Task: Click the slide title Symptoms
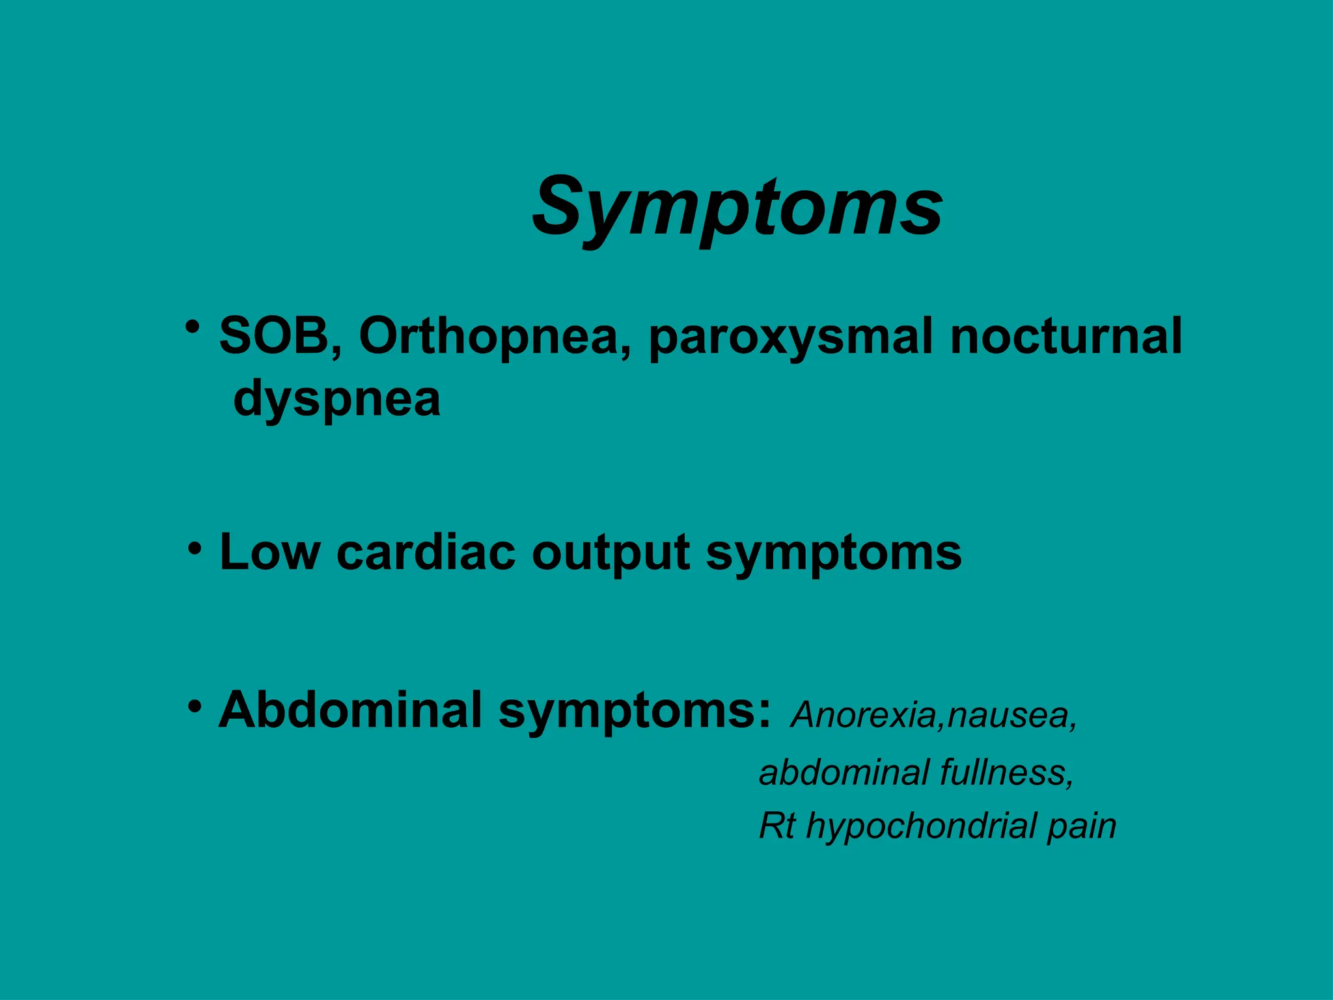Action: coord(737,207)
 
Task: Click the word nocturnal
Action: coord(1065,336)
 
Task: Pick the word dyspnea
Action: coord(337,399)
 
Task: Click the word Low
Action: coord(269,553)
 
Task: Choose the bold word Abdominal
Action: coord(350,710)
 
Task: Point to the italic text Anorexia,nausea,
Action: coord(934,715)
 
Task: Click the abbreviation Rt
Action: coord(776,826)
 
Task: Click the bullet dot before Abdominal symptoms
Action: coord(195,706)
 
